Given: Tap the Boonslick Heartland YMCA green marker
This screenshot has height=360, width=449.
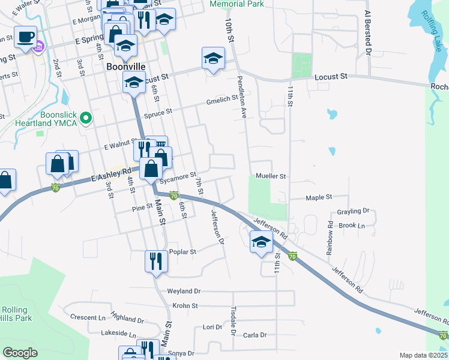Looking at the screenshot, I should point(86,119).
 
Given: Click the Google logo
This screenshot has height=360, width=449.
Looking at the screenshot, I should point(20,353).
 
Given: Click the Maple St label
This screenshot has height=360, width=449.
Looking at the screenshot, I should point(319,197).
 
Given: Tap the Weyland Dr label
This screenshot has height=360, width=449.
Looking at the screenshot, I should point(180,291).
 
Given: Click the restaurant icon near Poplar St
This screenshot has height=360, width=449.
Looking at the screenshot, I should point(155,261).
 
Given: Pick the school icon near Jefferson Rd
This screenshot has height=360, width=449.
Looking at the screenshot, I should point(261,242).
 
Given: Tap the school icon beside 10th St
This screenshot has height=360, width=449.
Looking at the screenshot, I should point(212,58).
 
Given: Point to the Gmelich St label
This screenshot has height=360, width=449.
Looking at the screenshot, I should point(222,100).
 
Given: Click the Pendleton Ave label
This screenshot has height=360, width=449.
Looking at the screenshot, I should point(243,97).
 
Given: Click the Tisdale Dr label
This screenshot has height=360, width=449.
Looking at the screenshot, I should point(234,321).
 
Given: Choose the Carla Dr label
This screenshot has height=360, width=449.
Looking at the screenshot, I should point(255,335).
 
